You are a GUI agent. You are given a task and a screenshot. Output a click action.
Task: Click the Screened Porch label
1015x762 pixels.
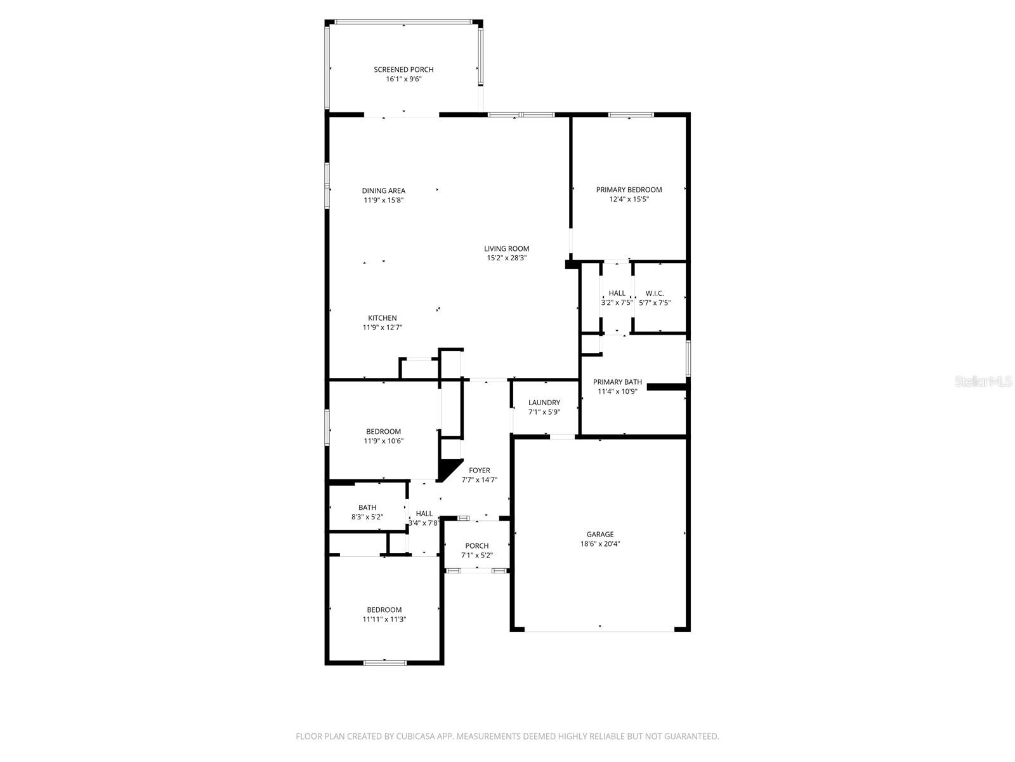pyautogui.click(x=403, y=69)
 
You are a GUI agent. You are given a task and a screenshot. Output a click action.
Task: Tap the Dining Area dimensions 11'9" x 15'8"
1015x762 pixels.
pyautogui.click(x=383, y=200)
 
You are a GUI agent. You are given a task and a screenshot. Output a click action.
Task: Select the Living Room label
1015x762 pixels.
pyautogui.click(x=506, y=248)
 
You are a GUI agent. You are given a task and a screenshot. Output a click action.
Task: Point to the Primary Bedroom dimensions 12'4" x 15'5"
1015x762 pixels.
pyautogui.click(x=629, y=199)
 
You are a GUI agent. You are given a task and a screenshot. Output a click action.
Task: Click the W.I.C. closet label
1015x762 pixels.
pyautogui.click(x=654, y=293)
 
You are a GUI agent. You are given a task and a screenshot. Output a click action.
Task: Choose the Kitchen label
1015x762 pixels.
pyautogui.click(x=382, y=318)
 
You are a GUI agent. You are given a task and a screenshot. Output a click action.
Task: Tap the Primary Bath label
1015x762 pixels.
pyautogui.click(x=617, y=382)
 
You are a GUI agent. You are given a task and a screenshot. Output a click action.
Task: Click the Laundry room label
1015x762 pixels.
pyautogui.click(x=544, y=403)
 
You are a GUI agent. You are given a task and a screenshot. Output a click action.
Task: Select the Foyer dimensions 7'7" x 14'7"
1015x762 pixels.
pyautogui.click(x=479, y=480)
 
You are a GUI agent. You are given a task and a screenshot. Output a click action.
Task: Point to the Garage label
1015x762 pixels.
pyautogui.click(x=599, y=534)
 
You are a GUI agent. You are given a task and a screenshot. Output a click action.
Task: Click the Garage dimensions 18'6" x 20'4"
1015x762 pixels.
pyautogui.click(x=599, y=544)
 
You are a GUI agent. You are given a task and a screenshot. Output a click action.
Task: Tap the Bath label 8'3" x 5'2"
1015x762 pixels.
pyautogui.click(x=367, y=507)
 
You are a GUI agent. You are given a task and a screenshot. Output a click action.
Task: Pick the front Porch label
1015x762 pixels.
pyautogui.click(x=477, y=546)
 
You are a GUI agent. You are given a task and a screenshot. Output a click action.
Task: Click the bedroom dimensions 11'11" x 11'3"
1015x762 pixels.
pyautogui.click(x=384, y=619)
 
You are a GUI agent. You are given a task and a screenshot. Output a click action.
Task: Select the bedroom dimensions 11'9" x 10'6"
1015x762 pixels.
pyautogui.click(x=383, y=441)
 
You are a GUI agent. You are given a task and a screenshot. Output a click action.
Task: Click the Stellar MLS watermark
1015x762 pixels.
pyautogui.click(x=983, y=381)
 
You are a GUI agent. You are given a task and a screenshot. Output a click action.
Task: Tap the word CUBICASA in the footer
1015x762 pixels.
pyautogui.click(x=416, y=736)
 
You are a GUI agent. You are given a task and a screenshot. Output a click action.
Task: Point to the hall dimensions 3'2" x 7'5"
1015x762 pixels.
pyautogui.click(x=617, y=303)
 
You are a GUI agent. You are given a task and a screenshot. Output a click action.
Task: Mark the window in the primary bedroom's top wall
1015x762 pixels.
pyautogui.click(x=631, y=114)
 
